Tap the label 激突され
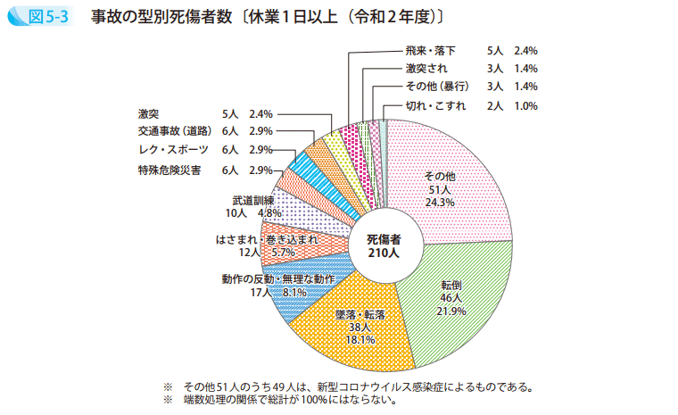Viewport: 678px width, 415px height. point(426,69)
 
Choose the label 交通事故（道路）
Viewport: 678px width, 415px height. point(173,131)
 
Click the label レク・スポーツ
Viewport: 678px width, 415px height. point(173,150)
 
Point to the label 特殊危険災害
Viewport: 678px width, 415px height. point(169,170)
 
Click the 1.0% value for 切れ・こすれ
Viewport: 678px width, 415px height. point(525,106)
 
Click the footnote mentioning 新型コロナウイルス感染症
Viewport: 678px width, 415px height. point(358,386)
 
